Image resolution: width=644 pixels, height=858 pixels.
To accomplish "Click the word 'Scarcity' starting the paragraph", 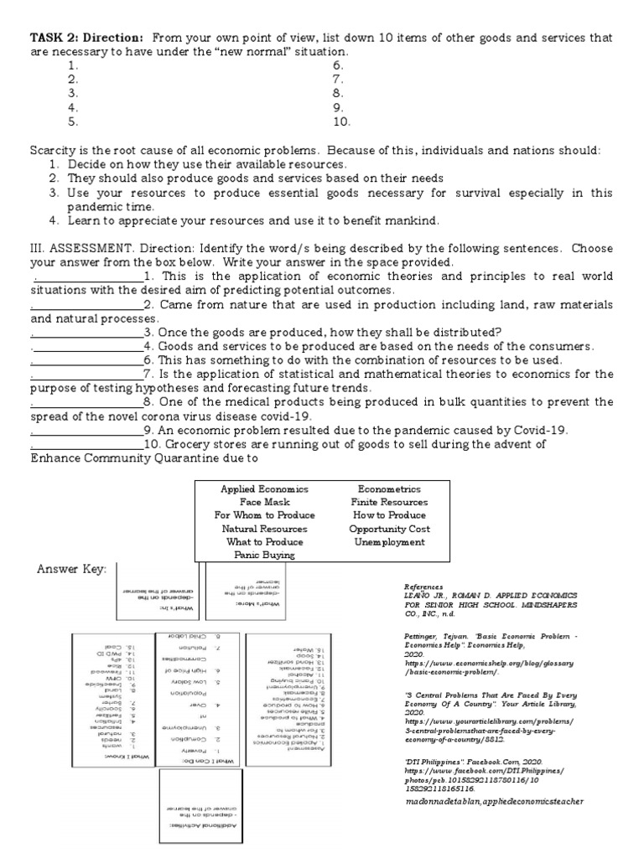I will pos(53,150).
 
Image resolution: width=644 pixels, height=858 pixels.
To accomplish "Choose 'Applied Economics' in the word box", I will pos(264,488).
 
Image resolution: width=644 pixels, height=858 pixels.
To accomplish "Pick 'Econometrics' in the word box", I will pos(388,488).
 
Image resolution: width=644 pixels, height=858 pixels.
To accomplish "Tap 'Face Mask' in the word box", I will pos(264,502).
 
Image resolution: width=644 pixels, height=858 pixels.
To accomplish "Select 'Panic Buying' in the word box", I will pos(264,555).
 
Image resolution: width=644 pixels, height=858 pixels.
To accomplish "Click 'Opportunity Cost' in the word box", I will pos(388,529).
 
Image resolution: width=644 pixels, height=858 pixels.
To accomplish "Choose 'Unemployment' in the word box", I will pos(388,542).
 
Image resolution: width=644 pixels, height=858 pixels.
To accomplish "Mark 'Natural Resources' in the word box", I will pos(264,529).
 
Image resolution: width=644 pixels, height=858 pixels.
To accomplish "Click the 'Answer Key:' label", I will pos(71,570).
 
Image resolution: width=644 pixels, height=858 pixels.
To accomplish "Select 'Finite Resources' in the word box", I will pos(388,502).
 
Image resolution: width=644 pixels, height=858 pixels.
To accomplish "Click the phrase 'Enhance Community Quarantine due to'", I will pos(143,458).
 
